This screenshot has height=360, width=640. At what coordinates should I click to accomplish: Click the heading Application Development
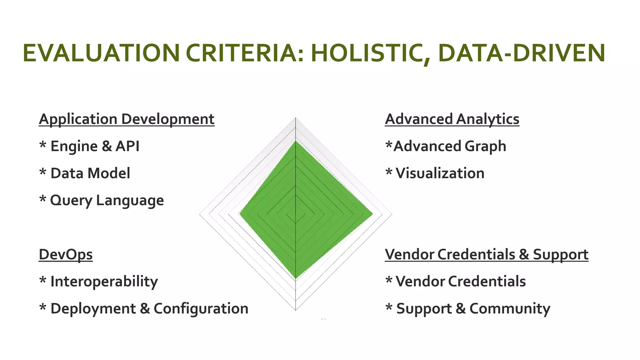[x=127, y=119]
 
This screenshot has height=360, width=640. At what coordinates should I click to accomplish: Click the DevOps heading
[x=66, y=254]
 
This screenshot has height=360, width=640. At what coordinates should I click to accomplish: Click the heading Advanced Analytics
[x=452, y=119]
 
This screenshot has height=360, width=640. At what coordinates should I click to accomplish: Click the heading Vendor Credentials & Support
[x=487, y=254]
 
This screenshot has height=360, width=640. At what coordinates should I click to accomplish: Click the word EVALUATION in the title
[x=101, y=53]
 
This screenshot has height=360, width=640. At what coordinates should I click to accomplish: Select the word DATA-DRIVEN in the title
[x=522, y=53]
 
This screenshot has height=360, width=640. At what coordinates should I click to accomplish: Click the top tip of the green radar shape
[x=295, y=142]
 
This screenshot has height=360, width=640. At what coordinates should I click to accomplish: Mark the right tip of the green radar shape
[x=372, y=214]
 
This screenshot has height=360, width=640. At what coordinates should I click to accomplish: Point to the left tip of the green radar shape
[x=240, y=214]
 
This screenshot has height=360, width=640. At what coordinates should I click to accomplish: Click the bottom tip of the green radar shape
[x=295, y=277]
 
